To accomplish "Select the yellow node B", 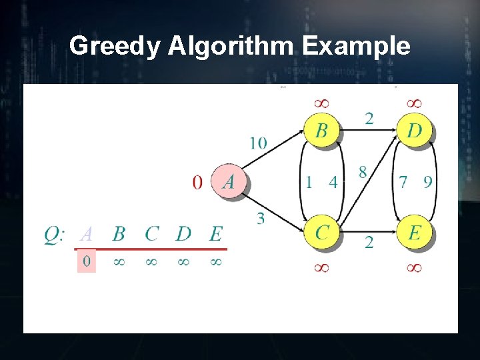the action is click(x=321, y=131).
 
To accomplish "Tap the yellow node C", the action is click(x=322, y=233).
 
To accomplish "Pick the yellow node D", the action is click(x=414, y=131).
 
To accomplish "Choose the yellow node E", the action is click(x=414, y=233).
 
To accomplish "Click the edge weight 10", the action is click(x=259, y=143).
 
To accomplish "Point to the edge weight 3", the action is click(x=260, y=218).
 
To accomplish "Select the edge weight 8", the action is click(x=362, y=173).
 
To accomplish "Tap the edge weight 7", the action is click(x=402, y=181).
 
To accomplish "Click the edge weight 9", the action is click(x=427, y=181).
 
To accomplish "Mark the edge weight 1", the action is click(x=309, y=181).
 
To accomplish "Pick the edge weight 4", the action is click(x=333, y=181).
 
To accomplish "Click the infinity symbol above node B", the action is click(x=321, y=103).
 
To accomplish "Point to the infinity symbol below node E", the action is click(x=413, y=267).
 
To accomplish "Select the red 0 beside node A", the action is click(x=197, y=182).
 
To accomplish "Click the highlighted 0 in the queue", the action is click(x=87, y=261).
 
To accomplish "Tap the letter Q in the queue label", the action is click(x=53, y=235).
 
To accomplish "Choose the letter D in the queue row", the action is click(x=183, y=234).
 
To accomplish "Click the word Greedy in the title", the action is click(x=115, y=46).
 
